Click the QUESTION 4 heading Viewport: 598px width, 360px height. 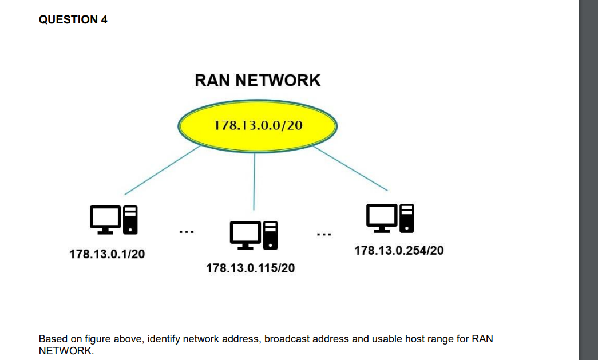(x=73, y=20)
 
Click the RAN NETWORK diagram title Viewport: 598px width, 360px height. (x=258, y=80)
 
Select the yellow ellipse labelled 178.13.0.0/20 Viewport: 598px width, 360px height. (x=258, y=126)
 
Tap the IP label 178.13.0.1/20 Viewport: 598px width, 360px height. (x=107, y=254)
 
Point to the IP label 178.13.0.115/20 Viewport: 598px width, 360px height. (x=251, y=268)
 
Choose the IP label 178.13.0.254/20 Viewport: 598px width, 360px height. (x=399, y=251)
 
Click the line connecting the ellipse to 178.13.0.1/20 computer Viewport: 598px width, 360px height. (x=162, y=170)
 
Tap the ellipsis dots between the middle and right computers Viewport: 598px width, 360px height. (x=323, y=234)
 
